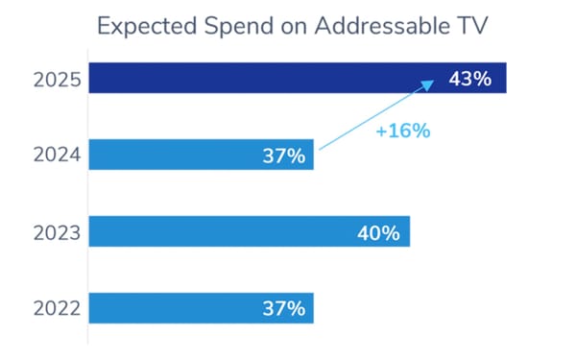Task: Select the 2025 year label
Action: tap(56, 79)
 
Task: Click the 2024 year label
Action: tap(56, 155)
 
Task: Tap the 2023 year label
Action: tap(56, 231)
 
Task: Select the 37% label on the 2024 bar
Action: tap(283, 155)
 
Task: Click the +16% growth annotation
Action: tap(403, 130)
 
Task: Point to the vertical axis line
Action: tap(88, 202)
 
